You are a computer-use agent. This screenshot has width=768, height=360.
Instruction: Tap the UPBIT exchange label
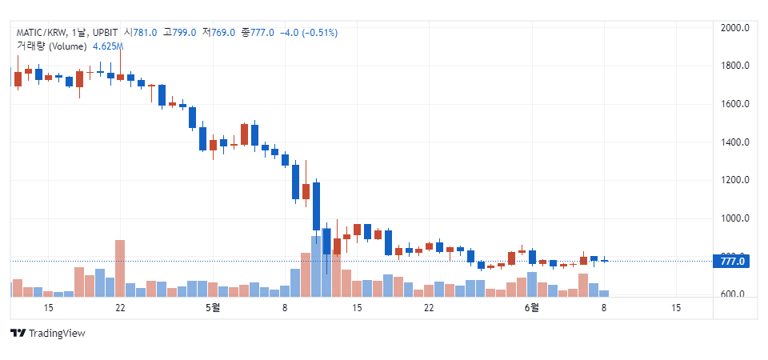(x=105, y=32)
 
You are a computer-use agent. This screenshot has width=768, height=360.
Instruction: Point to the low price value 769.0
(x=222, y=32)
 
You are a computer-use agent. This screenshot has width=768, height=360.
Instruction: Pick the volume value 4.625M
(x=107, y=46)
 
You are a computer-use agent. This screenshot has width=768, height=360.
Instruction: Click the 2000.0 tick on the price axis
(x=734, y=27)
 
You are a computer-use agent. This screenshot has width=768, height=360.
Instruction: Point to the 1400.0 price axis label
(x=734, y=142)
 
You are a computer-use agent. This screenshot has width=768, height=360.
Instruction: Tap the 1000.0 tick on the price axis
(x=734, y=218)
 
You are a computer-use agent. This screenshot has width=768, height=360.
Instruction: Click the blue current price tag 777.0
(x=732, y=261)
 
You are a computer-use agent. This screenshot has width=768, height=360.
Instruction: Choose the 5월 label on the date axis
(x=212, y=308)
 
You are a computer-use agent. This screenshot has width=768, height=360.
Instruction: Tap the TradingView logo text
(x=56, y=333)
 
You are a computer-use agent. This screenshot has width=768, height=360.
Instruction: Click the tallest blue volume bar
(x=316, y=266)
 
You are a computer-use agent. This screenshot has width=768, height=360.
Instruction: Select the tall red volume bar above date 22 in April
(x=120, y=268)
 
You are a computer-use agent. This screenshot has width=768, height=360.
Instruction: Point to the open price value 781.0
(x=144, y=32)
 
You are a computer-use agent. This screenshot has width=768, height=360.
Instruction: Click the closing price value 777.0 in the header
(x=262, y=32)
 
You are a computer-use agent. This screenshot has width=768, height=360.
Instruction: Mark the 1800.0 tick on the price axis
(x=734, y=66)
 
